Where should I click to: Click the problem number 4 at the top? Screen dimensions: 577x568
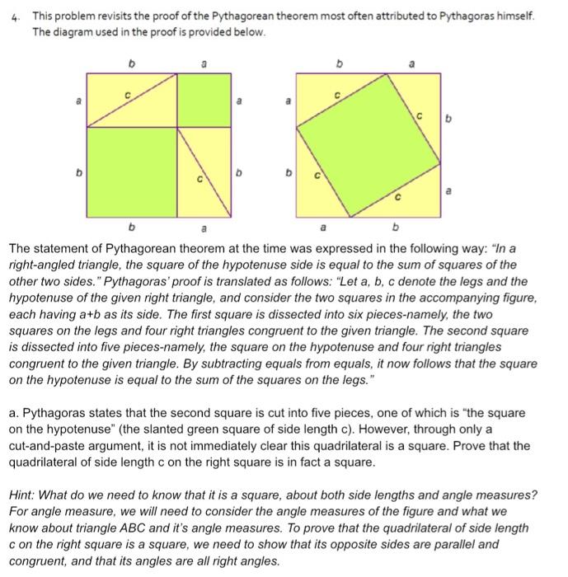tap(15, 17)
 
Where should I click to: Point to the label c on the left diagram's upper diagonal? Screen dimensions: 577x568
tap(128, 95)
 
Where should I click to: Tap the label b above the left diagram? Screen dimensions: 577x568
tap(129, 61)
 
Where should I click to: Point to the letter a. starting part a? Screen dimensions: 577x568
tap(12, 412)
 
